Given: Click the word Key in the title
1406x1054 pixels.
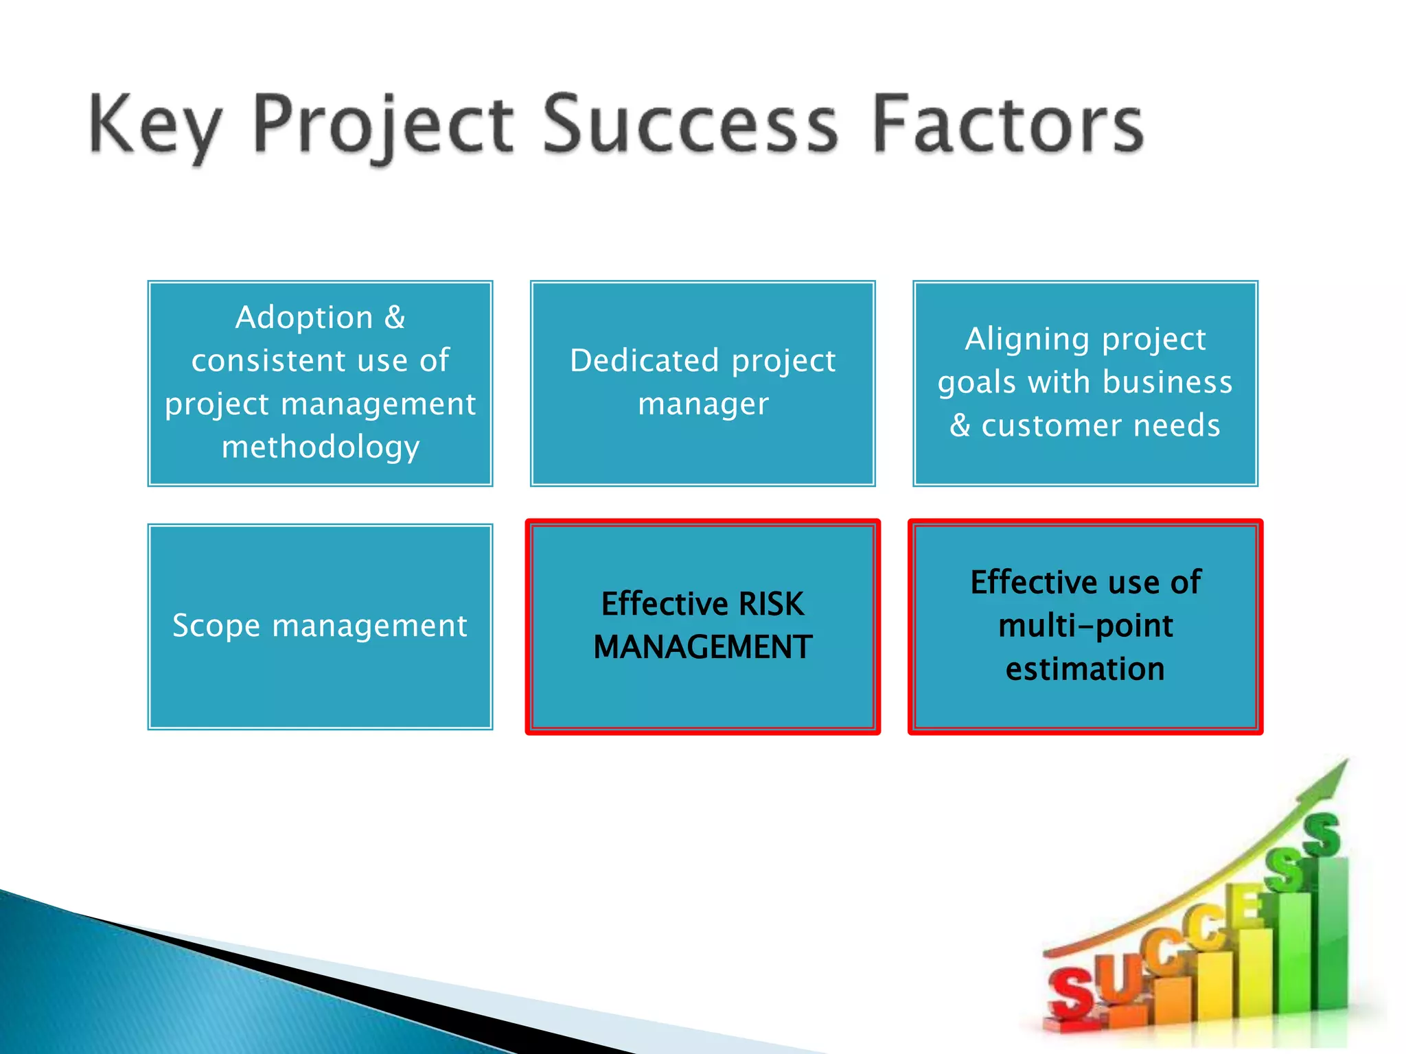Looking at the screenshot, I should click(x=155, y=126).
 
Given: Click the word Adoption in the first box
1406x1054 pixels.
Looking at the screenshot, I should click(x=304, y=318).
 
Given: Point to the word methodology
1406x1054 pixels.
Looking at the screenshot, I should click(x=321, y=447).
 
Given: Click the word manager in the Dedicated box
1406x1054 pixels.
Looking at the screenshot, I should click(x=703, y=404).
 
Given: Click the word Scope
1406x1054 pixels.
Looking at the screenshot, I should click(x=216, y=626).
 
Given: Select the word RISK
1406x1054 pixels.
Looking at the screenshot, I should click(x=771, y=605).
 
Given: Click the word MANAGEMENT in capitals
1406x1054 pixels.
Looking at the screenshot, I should click(x=702, y=647).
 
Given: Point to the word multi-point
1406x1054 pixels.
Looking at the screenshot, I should click(x=1085, y=626).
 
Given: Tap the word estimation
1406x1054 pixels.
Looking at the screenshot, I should click(x=1085, y=669).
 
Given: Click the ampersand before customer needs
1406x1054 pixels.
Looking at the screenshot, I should click(x=960, y=425).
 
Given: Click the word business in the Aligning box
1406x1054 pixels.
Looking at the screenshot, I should click(x=1168, y=382).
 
